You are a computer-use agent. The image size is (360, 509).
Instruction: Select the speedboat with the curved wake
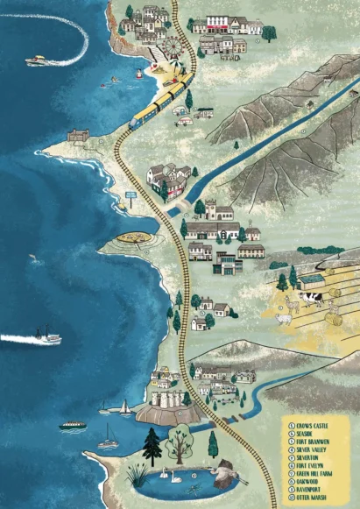pyautogui.click(x=38, y=60)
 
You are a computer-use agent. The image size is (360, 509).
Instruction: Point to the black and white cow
pyautogui.click(x=311, y=299)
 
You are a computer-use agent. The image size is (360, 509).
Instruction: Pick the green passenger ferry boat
pyautogui.click(x=74, y=426)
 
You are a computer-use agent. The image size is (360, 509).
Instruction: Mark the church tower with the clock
pyautogui.click(x=211, y=209)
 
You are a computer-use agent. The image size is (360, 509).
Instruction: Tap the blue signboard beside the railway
pyautogui.click(x=131, y=194)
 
